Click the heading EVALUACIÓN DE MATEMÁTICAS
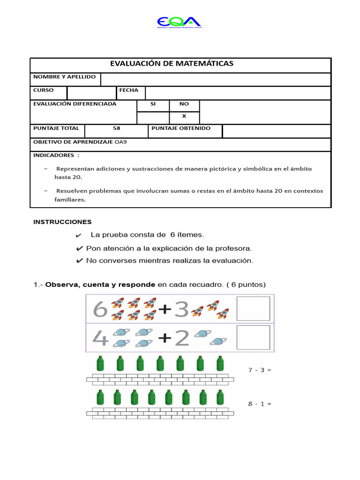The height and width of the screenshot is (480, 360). [x=172, y=64]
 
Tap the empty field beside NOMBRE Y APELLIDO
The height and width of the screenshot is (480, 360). [x=216, y=79]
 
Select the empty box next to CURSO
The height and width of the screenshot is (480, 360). [x=91, y=93]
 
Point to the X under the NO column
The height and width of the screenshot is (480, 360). [x=184, y=116]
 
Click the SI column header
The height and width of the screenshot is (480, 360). [x=153, y=104]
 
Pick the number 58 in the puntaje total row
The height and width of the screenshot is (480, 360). [x=117, y=128]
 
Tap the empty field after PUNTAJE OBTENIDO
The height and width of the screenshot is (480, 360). [x=276, y=131]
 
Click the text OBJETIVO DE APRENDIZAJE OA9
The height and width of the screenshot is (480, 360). [x=80, y=142]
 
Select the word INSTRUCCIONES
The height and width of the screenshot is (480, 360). [x=62, y=222]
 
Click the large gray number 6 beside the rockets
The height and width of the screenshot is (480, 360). [x=100, y=309]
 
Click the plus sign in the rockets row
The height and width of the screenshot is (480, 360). [x=165, y=309]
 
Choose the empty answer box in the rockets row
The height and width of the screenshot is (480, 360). [x=253, y=308]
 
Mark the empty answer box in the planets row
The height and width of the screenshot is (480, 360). [x=253, y=337]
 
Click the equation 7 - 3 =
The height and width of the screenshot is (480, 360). [x=260, y=370]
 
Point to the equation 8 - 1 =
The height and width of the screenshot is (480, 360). [x=260, y=404]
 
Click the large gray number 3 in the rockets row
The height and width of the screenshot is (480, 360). [x=181, y=309]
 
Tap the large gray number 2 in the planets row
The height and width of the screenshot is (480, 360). [x=181, y=338]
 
